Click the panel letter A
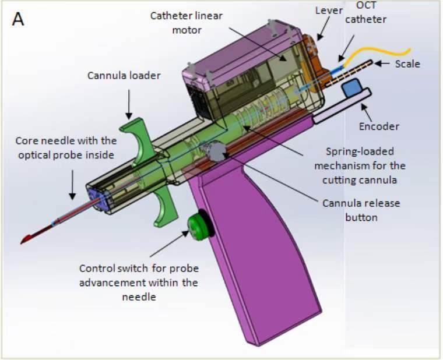(x=18, y=19)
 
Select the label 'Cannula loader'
(x=124, y=76)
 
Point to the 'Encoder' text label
(x=379, y=126)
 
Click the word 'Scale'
(x=407, y=64)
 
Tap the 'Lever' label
(x=329, y=10)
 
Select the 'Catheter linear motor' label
(x=187, y=23)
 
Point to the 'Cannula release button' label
(x=361, y=210)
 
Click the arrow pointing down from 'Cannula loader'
(x=129, y=104)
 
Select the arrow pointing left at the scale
(x=383, y=63)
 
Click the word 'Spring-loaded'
(x=360, y=151)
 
